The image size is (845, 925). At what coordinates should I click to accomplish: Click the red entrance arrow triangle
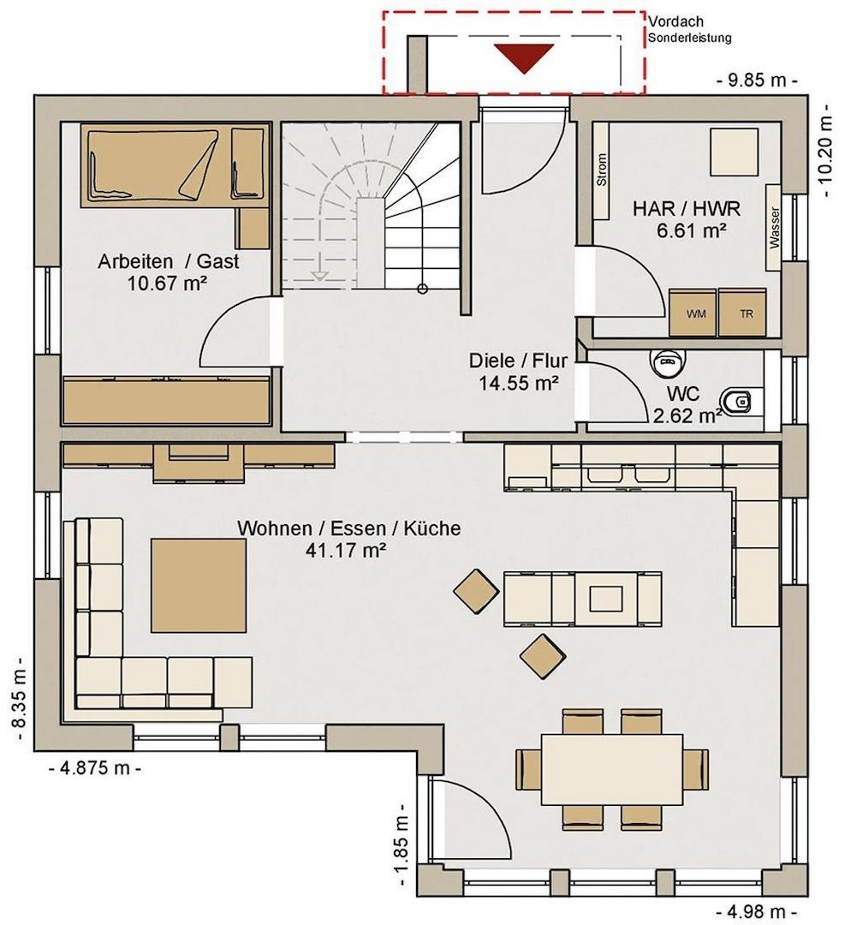point(524,56)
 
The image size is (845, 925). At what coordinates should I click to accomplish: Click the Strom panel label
point(602,170)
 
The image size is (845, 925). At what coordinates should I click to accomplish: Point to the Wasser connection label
point(774,226)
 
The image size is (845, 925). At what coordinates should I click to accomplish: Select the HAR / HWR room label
point(687,209)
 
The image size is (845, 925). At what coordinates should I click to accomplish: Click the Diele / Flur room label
point(518,361)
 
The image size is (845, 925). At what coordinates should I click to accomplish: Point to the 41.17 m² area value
point(346,551)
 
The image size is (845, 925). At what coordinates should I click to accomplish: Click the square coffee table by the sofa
point(198,585)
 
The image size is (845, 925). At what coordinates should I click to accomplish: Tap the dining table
point(612,768)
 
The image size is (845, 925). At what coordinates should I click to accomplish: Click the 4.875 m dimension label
point(94,768)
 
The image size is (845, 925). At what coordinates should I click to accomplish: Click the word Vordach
point(675,21)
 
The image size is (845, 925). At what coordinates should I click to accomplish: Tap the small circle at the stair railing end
point(422,289)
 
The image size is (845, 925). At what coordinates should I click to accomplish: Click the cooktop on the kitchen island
point(606,598)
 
